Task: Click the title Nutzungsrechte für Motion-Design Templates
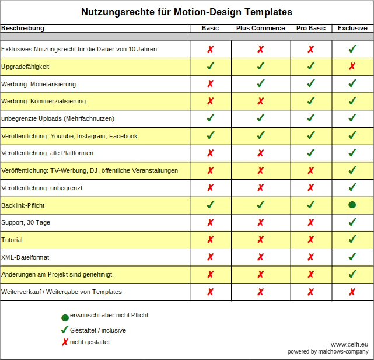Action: pyautogui.click(x=187, y=12)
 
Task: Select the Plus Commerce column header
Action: pyautogui.click(x=261, y=28)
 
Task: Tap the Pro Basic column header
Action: pyautogui.click(x=311, y=28)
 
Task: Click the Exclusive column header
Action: pyautogui.click(x=352, y=28)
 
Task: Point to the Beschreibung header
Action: pyautogui.click(x=23, y=28)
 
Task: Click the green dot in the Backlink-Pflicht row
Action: pyautogui.click(x=352, y=205)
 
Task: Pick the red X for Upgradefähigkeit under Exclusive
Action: pyautogui.click(x=352, y=66)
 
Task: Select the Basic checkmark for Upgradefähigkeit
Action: pyautogui.click(x=211, y=66)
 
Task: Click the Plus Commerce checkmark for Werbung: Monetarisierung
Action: pyautogui.click(x=261, y=83)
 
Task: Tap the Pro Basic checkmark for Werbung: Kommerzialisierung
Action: pyautogui.click(x=311, y=101)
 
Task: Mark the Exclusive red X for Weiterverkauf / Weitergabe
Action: pyautogui.click(x=352, y=292)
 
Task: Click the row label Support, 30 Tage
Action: pyautogui.click(x=26, y=222)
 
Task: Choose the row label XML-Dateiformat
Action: pyautogui.click(x=25, y=257)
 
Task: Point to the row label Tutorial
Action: pyautogui.click(x=12, y=240)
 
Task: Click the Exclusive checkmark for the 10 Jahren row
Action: pyautogui.click(x=352, y=48)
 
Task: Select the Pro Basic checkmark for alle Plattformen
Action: pyautogui.click(x=311, y=153)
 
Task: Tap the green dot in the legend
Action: pyautogui.click(x=65, y=318)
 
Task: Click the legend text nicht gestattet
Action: pyautogui.click(x=90, y=342)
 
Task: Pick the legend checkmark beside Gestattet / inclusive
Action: pyautogui.click(x=65, y=330)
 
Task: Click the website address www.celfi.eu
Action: pyautogui.click(x=349, y=344)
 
